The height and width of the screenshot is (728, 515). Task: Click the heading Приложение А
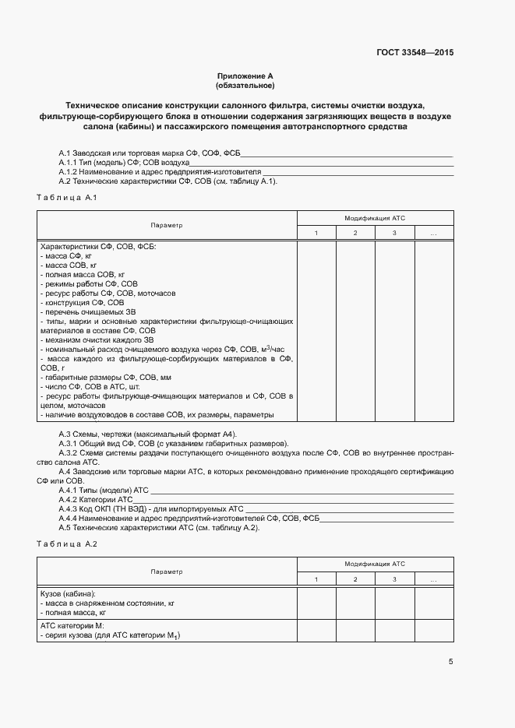[x=245, y=76]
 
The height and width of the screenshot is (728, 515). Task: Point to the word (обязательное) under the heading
[x=245, y=85]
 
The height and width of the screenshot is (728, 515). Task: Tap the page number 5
[x=450, y=662]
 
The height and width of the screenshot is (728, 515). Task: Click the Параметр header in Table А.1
[x=167, y=225]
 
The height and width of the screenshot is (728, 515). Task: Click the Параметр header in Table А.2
[x=167, y=571]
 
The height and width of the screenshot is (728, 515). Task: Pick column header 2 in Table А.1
[x=355, y=234]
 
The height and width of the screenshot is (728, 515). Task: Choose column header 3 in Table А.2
[x=394, y=579]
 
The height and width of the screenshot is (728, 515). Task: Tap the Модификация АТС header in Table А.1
[x=375, y=218]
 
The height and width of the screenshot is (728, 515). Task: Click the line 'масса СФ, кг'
[x=67, y=255]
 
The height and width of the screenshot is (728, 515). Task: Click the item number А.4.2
[x=69, y=499]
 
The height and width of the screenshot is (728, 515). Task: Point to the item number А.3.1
[x=69, y=443]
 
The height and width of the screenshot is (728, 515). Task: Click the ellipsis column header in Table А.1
[x=433, y=234]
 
